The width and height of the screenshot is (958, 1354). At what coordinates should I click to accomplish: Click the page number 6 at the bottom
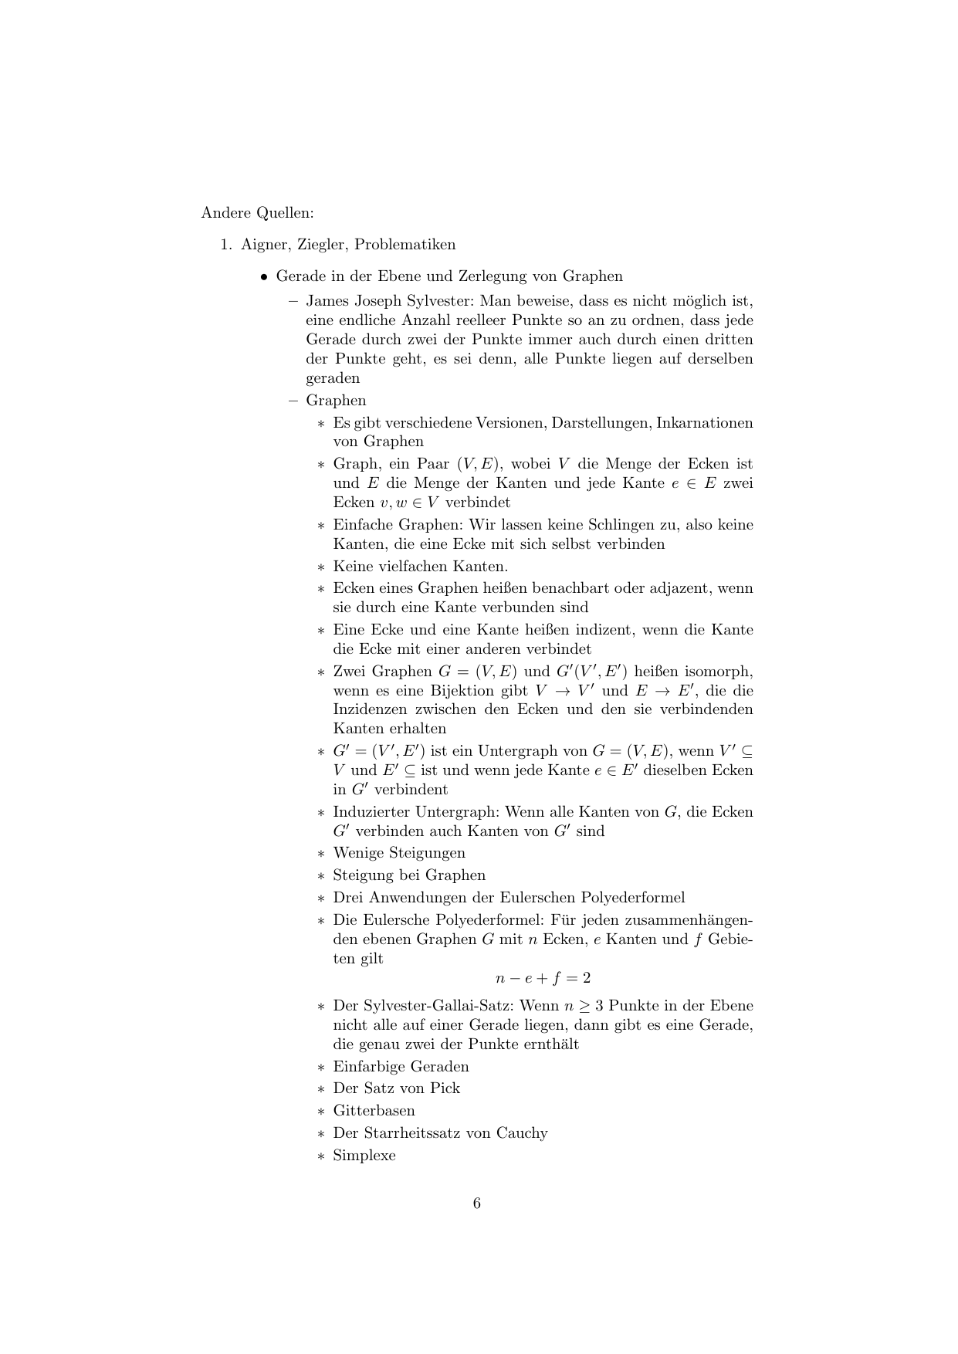[477, 1203]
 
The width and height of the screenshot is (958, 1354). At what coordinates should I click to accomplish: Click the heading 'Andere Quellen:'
[257, 212]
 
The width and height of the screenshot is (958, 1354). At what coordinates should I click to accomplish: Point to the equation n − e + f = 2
[543, 978]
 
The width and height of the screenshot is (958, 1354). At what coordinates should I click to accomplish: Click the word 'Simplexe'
[364, 1156]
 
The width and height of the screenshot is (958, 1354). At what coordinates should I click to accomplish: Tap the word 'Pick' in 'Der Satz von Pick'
[445, 1088]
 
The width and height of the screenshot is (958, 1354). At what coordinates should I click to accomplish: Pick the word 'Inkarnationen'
[704, 423]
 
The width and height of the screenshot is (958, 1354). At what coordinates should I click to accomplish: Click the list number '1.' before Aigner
[226, 245]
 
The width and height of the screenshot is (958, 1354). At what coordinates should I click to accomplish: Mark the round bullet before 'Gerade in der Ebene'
[264, 277]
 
